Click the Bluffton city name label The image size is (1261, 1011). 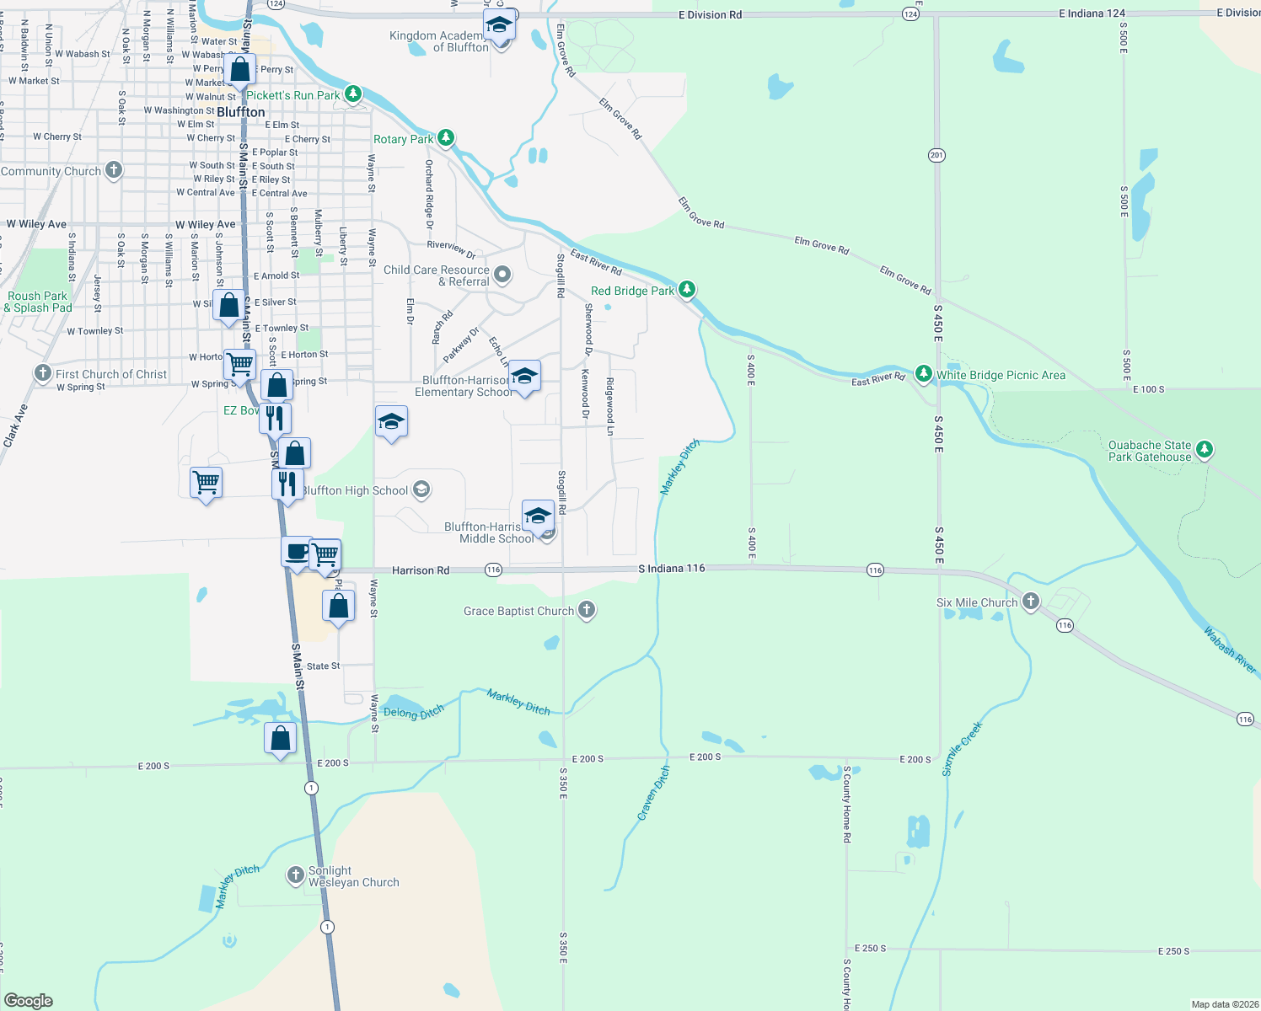241,112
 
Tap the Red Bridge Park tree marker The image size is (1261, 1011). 687,290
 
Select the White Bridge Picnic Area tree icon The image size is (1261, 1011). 924,374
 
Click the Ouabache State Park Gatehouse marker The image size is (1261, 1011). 1205,449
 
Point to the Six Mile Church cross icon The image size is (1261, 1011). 1031,601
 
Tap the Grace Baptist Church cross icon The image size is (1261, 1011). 587,610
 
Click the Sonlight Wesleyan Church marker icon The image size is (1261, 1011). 295,875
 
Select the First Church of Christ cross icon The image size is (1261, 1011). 43,373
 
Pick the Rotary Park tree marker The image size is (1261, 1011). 446,137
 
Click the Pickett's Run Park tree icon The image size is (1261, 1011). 353,94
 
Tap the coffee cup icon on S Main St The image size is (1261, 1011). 296,553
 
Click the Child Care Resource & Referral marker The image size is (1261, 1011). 502,275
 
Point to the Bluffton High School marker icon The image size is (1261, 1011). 421,489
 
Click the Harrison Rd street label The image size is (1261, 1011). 421,570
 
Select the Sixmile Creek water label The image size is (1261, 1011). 962,748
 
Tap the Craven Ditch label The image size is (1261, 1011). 654,793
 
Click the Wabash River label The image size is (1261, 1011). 1229,650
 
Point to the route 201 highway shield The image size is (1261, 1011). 936,155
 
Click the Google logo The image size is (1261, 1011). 29,1000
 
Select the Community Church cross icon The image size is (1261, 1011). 113,170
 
